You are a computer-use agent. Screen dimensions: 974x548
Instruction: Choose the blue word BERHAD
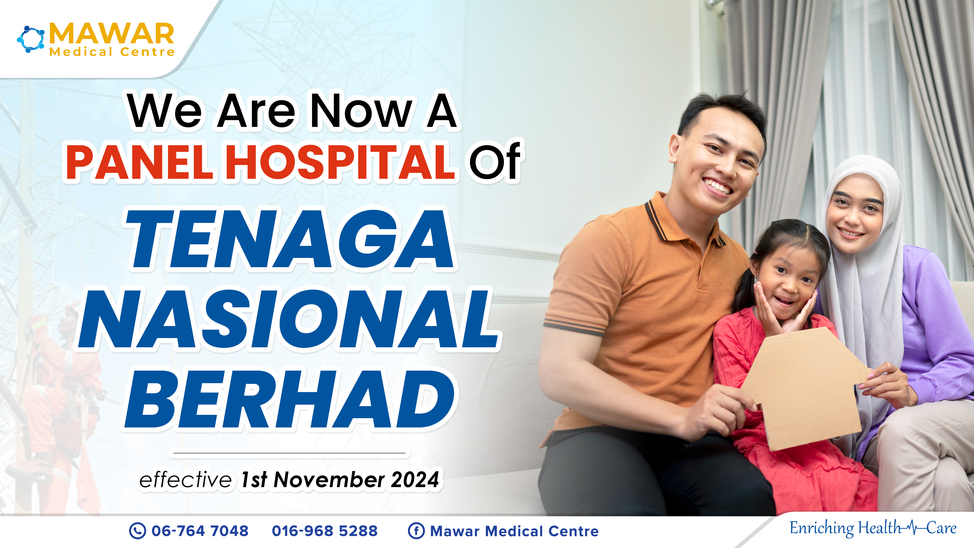pos(290,399)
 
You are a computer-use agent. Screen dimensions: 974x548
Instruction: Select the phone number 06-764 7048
pos(200,531)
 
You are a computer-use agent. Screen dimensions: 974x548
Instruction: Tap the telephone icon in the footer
pos(137,531)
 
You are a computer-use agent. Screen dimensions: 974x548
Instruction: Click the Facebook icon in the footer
pos(416,531)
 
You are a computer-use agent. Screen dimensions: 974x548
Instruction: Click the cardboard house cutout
pos(805,389)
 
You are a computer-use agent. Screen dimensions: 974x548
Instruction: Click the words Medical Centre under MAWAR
pos(112,52)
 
